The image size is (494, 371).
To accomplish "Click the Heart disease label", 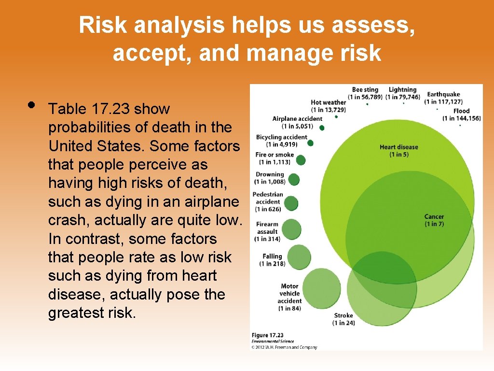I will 398,150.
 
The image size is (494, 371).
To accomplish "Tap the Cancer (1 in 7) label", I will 434,220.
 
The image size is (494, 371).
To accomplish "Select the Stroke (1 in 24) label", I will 343,319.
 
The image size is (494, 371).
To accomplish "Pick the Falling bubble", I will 300,257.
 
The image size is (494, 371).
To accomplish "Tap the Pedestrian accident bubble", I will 291,203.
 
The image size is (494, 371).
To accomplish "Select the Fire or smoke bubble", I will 302,159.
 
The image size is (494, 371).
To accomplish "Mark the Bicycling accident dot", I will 310,143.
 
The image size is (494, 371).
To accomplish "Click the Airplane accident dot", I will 322,128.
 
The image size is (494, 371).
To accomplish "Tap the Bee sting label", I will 365,93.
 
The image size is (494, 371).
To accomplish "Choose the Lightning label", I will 402,93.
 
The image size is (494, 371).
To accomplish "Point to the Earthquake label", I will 443,98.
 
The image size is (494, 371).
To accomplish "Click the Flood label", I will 461,114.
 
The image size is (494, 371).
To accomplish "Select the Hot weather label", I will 329,106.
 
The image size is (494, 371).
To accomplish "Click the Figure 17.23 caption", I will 267,335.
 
